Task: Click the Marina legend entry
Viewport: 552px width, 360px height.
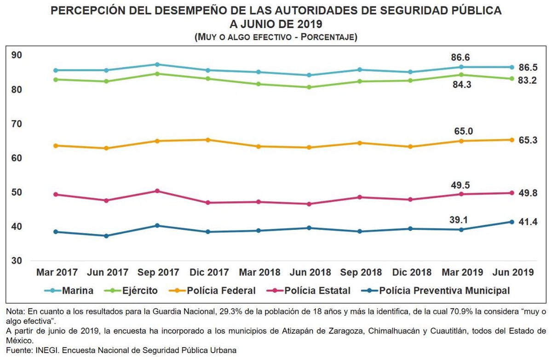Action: point(78,291)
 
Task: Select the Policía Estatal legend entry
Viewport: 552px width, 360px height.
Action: point(317,291)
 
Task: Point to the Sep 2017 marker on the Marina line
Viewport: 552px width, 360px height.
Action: point(157,64)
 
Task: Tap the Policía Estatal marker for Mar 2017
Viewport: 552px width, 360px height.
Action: point(56,194)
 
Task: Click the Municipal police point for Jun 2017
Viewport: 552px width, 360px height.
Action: point(106,236)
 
